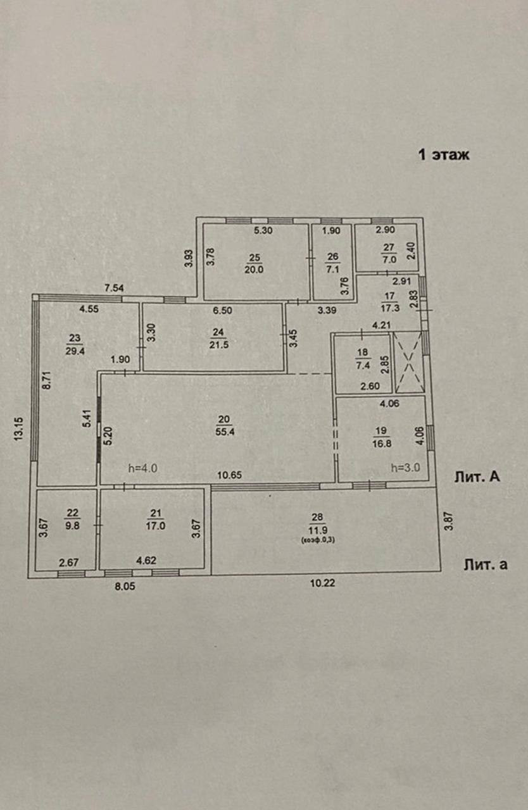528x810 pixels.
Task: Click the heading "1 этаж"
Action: click(x=443, y=154)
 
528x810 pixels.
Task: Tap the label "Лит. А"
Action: click(x=477, y=477)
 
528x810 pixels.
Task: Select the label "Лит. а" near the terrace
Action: click(x=485, y=564)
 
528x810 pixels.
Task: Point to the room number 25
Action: click(x=255, y=257)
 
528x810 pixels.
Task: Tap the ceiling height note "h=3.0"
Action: click(x=406, y=468)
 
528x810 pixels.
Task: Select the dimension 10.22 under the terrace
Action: click(x=322, y=583)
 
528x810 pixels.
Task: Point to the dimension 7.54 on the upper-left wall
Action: click(x=114, y=289)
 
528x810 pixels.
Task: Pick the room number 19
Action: click(x=380, y=431)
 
